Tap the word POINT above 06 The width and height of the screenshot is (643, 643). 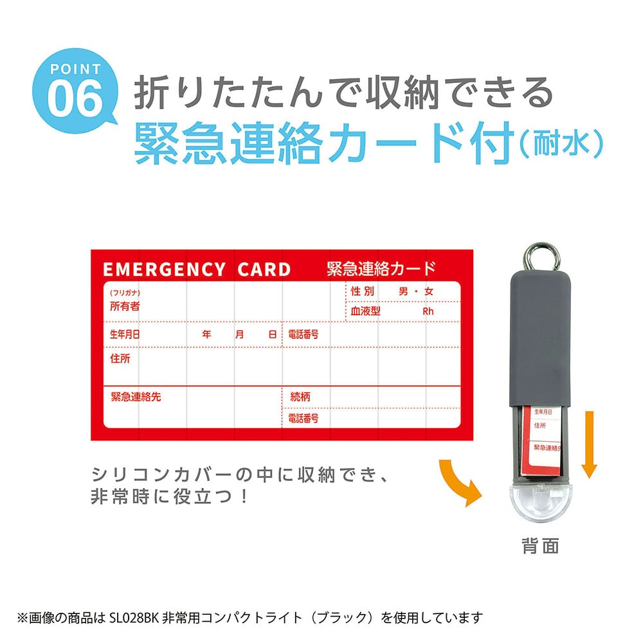click(x=75, y=69)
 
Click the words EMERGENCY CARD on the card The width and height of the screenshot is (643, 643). click(x=197, y=269)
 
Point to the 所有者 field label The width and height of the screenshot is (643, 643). click(x=125, y=307)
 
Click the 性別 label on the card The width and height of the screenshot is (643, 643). click(x=363, y=291)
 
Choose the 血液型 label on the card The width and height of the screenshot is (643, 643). click(x=366, y=311)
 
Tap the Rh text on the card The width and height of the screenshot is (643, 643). click(x=428, y=311)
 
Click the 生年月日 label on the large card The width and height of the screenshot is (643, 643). click(x=125, y=335)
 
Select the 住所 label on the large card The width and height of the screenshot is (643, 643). click(x=120, y=359)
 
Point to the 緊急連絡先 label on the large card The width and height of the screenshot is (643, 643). click(x=136, y=397)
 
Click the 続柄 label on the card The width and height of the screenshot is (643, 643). click(x=300, y=397)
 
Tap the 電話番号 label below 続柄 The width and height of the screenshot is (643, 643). click(x=303, y=419)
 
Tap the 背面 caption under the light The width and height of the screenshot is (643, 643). click(x=539, y=547)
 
